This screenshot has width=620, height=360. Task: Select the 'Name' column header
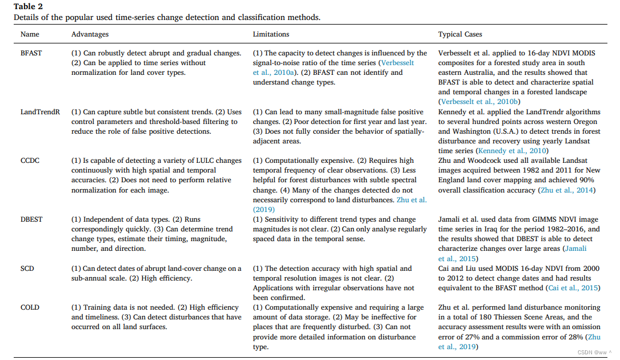30,34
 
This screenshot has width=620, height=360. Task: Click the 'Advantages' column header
90,34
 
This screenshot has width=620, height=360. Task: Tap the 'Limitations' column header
271,34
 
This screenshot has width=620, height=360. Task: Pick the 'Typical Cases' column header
461,34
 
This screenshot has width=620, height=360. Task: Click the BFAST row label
31,53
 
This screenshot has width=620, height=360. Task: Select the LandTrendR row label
40,112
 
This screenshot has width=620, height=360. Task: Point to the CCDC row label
30,161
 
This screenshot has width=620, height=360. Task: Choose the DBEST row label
31,219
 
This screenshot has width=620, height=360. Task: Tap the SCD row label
27,269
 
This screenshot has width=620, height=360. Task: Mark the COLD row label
30,307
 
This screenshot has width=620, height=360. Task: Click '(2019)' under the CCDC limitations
264,210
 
